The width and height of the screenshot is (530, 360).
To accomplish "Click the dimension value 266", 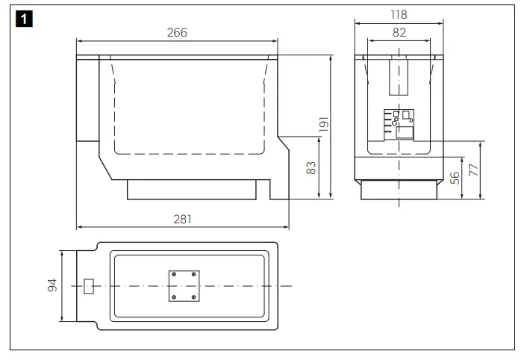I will pos(176,32).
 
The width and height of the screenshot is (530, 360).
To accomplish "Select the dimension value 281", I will pos(182,219).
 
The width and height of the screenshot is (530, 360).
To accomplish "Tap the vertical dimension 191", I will pos(324,125).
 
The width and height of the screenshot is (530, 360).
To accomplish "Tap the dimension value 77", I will pos(473,170).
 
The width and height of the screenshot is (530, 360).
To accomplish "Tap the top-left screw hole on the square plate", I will pos(174,275).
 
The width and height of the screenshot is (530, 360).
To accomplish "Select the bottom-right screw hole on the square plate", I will pos(194,297).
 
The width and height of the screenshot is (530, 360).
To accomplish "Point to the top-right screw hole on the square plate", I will pos(194,275).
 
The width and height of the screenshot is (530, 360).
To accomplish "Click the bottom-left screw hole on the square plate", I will pos(174,297).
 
